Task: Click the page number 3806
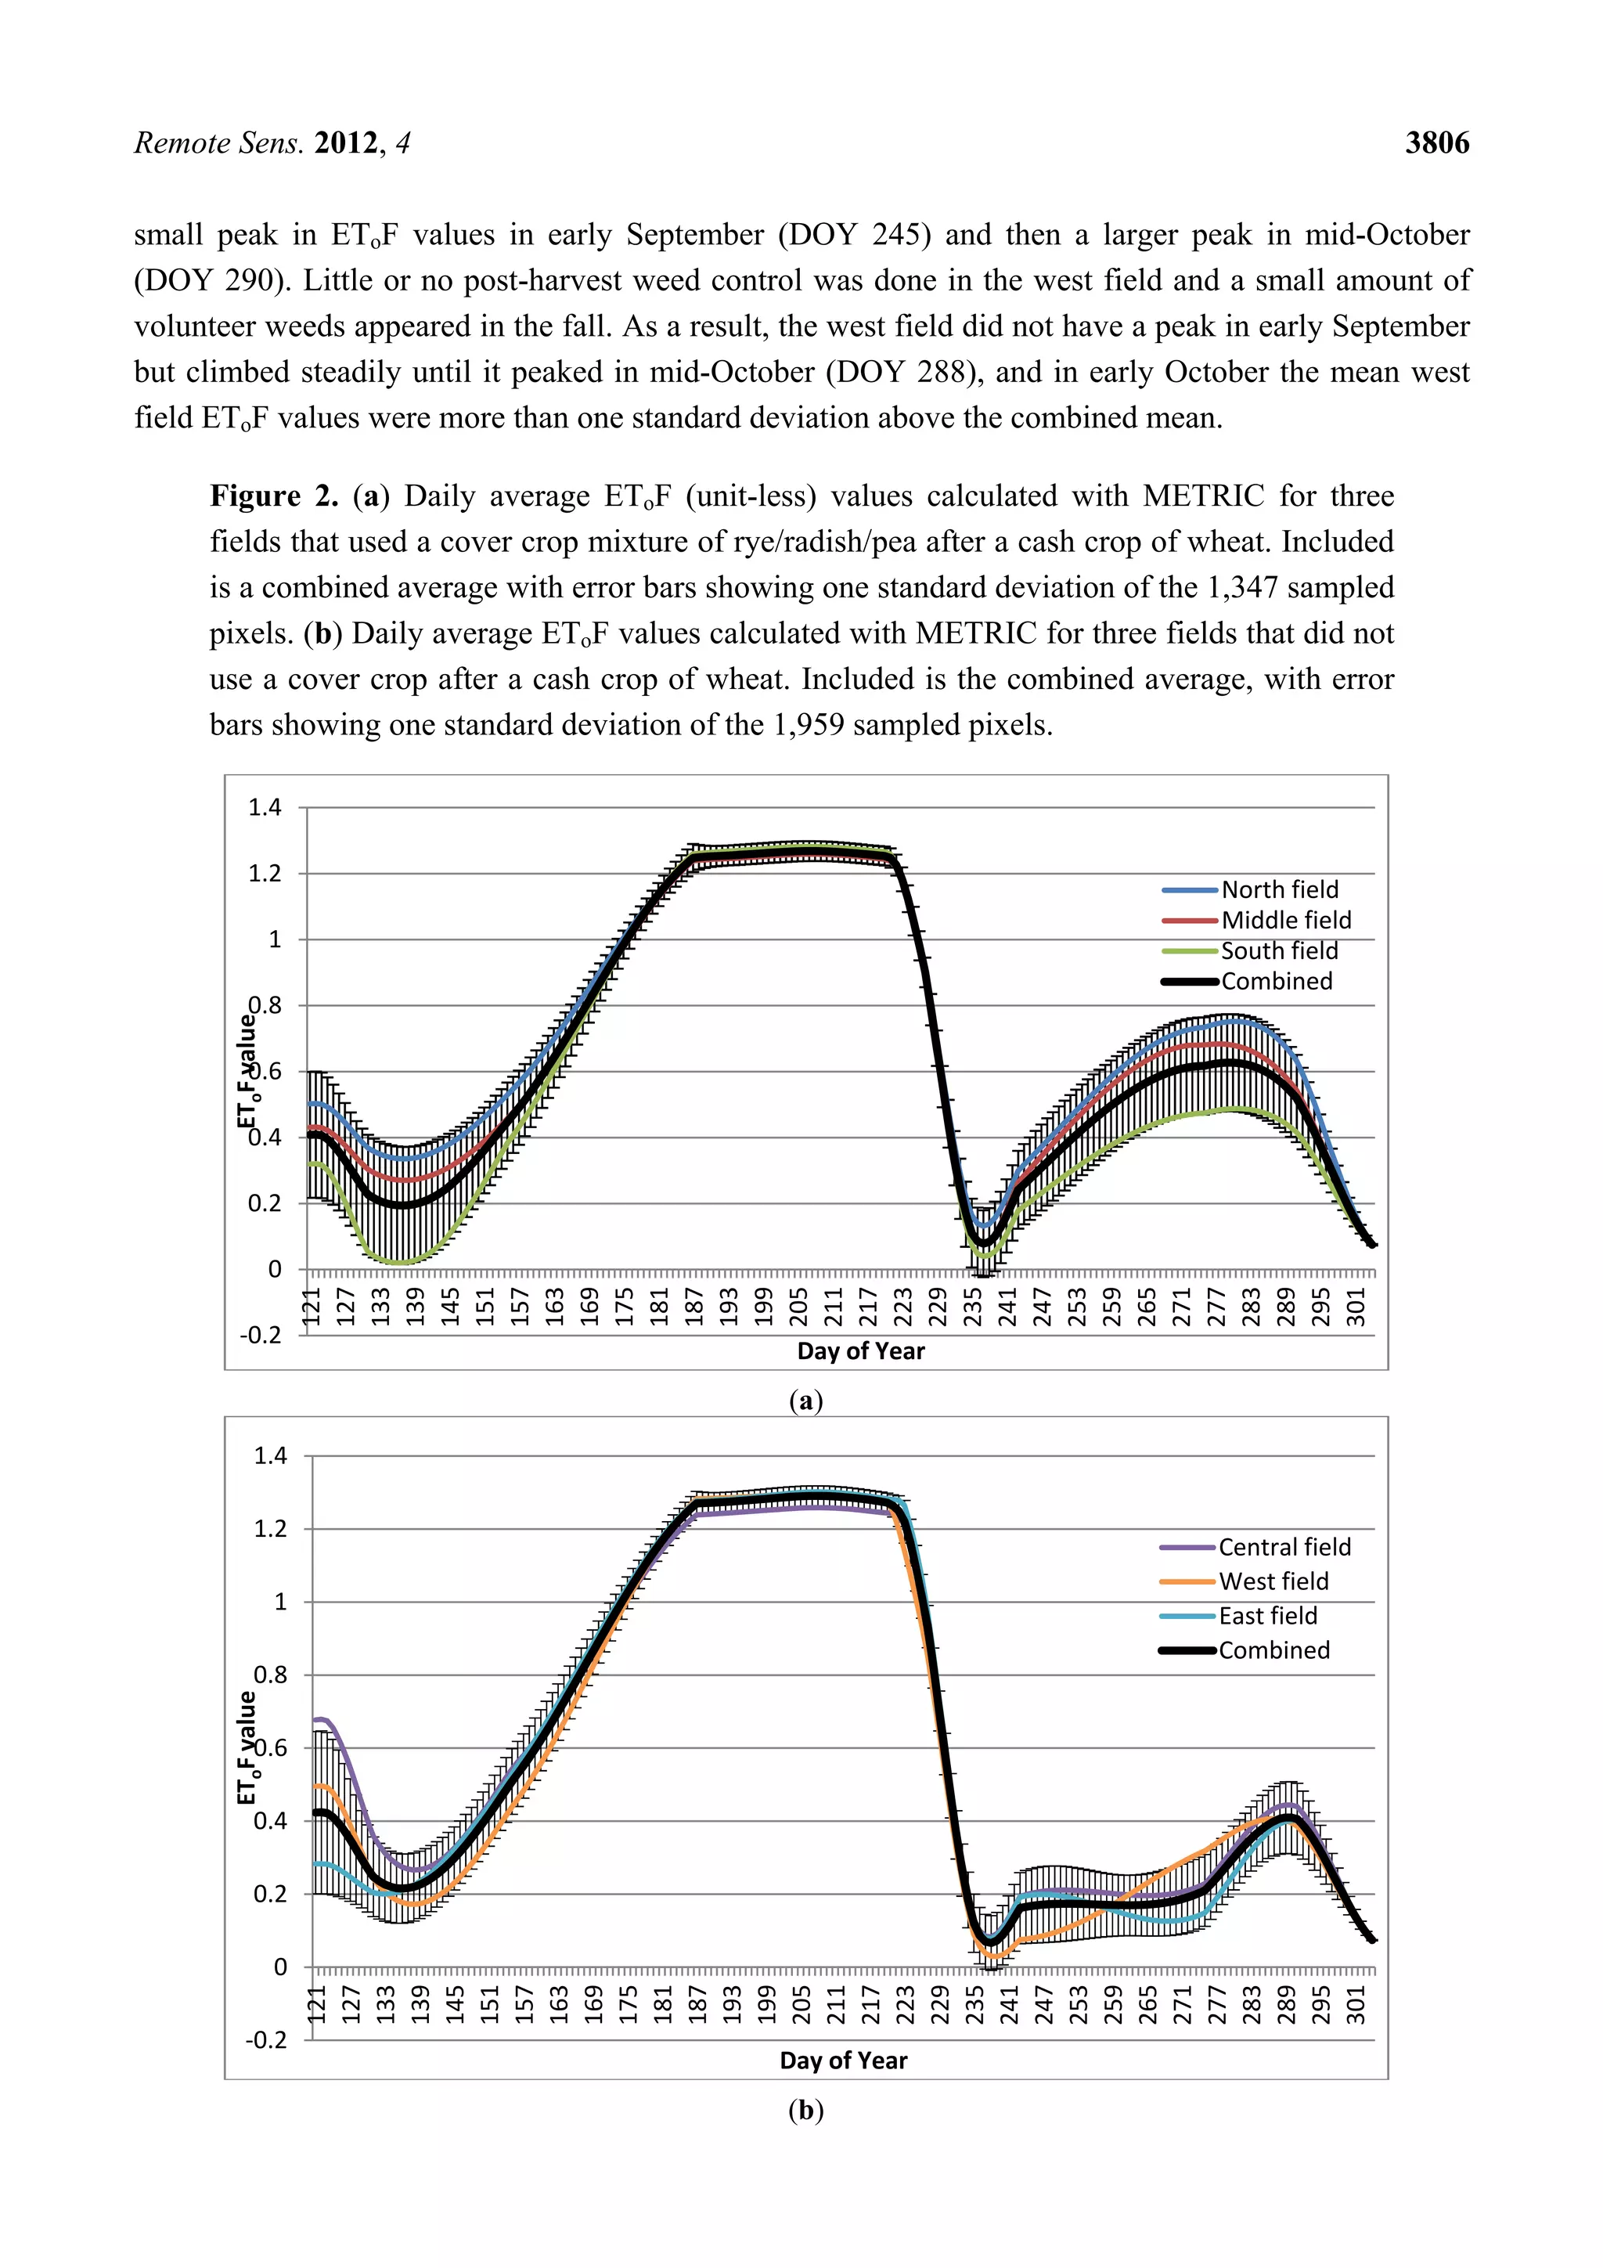point(1437,143)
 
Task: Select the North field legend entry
point(1279,889)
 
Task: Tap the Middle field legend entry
point(1285,920)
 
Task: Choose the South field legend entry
point(1279,950)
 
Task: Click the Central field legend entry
point(1284,1547)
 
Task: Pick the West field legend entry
point(1273,1581)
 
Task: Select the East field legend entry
point(1267,1615)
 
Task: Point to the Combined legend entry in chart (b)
point(1273,1650)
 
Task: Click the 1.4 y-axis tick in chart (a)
point(265,807)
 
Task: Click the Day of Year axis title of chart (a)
point(860,1350)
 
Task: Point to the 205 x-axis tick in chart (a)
point(799,1306)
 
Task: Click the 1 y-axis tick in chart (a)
point(275,939)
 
